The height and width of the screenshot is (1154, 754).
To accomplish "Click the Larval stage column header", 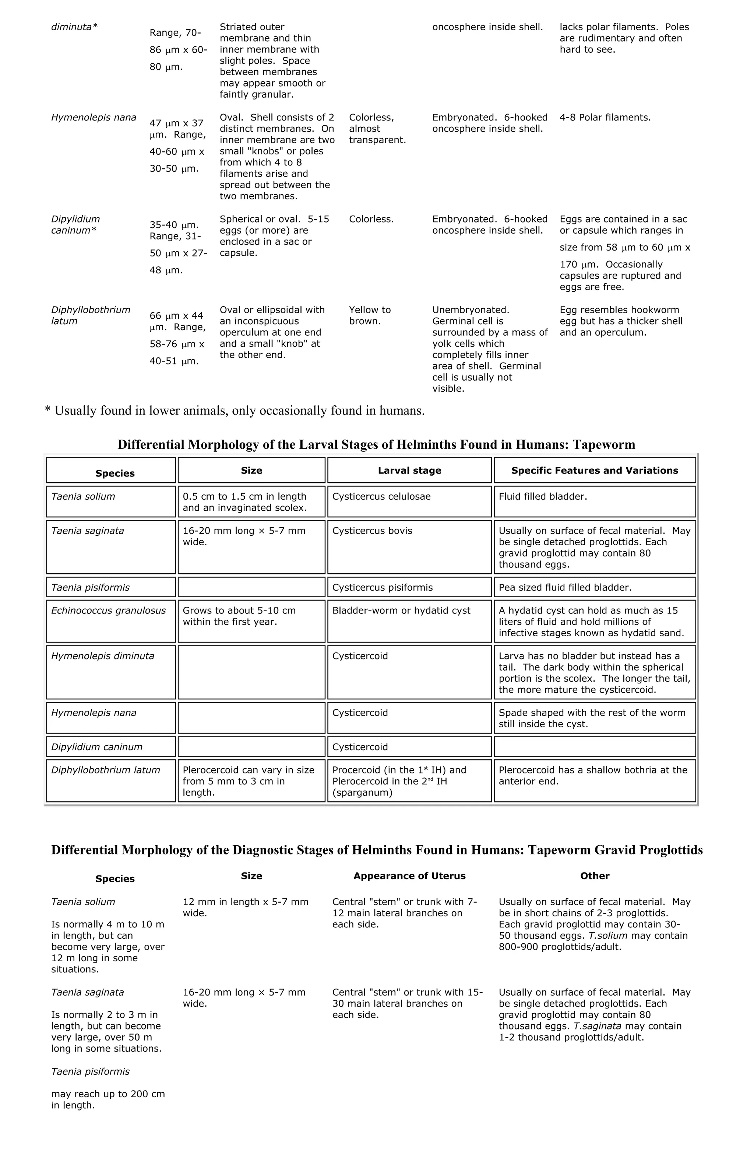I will (x=409, y=470).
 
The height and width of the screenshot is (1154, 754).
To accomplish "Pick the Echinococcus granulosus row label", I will (x=108, y=611).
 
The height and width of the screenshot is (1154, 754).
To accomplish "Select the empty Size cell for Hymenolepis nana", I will (x=251, y=718).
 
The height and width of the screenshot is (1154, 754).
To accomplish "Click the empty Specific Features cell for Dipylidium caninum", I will (x=594, y=747).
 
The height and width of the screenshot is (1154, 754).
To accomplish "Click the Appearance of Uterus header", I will (x=409, y=876).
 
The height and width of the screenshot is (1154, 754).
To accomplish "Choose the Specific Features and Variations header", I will (x=594, y=470).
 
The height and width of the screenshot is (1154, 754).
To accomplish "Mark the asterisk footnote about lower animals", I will (x=235, y=411).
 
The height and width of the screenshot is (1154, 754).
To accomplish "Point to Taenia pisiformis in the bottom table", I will (x=90, y=1071).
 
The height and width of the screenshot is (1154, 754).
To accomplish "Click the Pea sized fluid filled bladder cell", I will (x=565, y=588).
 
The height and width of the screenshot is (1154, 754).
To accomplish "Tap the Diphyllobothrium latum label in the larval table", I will (x=105, y=770).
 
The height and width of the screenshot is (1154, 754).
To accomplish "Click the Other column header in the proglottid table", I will (x=594, y=876).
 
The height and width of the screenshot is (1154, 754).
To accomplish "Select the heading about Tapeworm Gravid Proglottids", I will (x=377, y=850).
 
